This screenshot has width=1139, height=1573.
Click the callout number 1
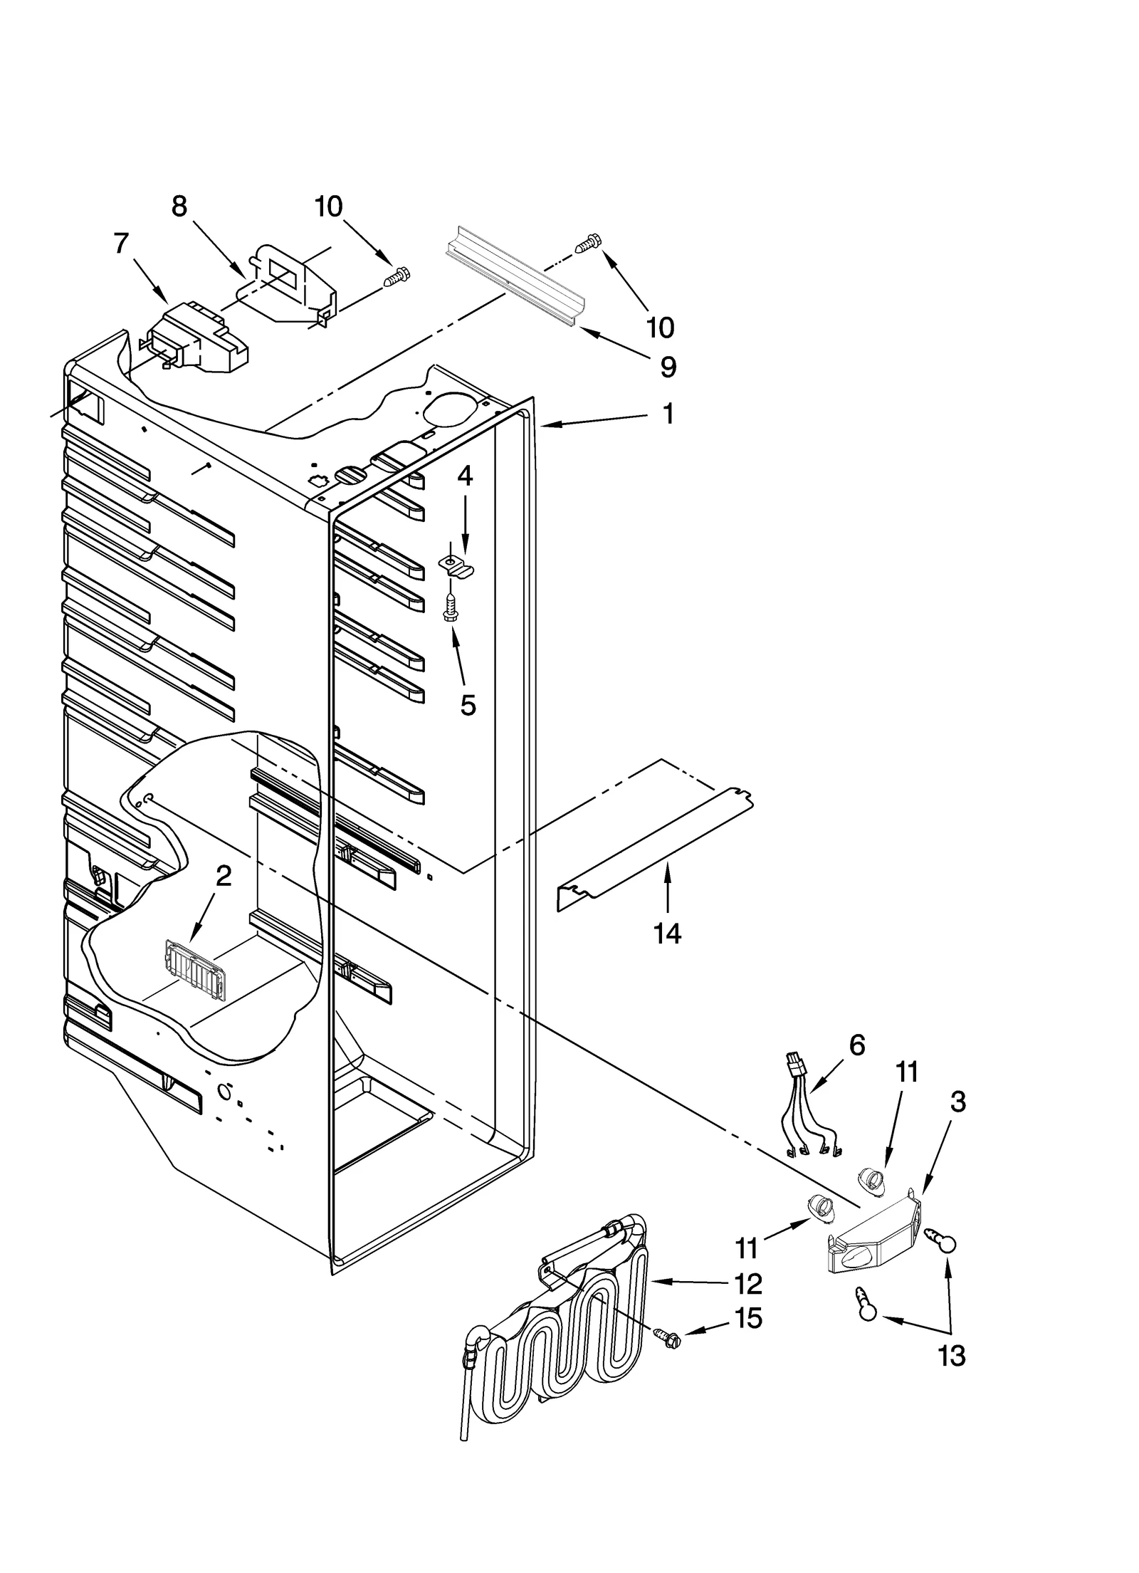(x=668, y=414)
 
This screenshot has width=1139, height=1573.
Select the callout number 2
(x=224, y=875)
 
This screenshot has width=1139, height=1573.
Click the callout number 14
(x=667, y=932)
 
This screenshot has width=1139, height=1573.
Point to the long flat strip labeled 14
(x=655, y=847)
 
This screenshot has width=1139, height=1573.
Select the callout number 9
(x=668, y=367)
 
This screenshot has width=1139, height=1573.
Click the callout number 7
(x=122, y=243)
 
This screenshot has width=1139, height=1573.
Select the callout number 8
(x=179, y=206)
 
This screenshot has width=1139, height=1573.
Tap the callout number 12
(x=748, y=1284)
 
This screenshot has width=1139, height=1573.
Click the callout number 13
(x=952, y=1357)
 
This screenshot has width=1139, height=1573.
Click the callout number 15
(x=748, y=1318)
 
